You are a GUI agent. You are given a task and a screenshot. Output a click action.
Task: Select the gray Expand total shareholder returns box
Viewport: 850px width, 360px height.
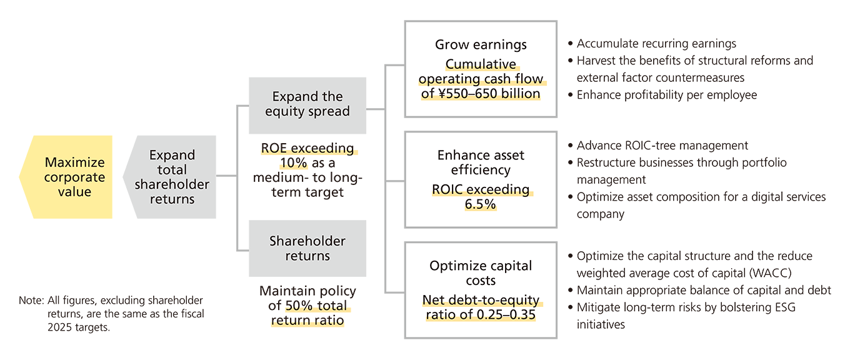tap(172, 177)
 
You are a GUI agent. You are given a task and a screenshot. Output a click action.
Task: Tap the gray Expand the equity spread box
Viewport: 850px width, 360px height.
tap(307, 104)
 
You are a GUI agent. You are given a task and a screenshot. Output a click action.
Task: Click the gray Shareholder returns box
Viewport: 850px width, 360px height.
tap(307, 248)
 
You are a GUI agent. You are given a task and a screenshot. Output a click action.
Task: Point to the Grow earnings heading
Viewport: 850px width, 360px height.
tap(481, 44)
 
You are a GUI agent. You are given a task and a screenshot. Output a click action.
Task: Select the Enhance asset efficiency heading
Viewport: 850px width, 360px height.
tap(481, 162)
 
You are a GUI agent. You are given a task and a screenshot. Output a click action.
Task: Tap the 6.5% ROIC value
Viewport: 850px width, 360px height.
tap(480, 204)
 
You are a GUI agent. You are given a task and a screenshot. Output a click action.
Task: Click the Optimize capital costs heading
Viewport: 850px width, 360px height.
tap(481, 272)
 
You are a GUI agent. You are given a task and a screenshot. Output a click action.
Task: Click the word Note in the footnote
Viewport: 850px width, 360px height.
tap(29, 301)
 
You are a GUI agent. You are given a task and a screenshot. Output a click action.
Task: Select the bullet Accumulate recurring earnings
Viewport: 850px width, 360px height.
tap(656, 44)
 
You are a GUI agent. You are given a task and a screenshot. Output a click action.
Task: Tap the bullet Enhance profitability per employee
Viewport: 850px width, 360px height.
tap(666, 95)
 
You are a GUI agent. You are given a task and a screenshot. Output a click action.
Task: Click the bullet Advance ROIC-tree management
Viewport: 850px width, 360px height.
tap(662, 146)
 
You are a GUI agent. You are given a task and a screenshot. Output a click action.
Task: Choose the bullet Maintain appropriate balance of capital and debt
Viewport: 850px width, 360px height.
tap(704, 291)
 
